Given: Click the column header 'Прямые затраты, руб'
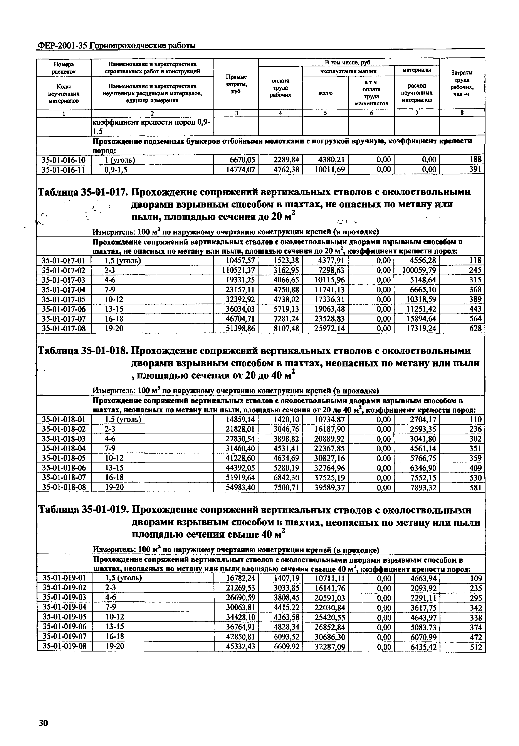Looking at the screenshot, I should pos(236,84).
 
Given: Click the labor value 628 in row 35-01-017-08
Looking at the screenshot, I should pos(475,329).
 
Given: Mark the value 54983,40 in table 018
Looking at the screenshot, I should pos(240,487).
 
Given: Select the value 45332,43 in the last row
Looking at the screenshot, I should pos(240,646).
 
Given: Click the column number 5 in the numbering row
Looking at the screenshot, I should pos(325,113).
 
